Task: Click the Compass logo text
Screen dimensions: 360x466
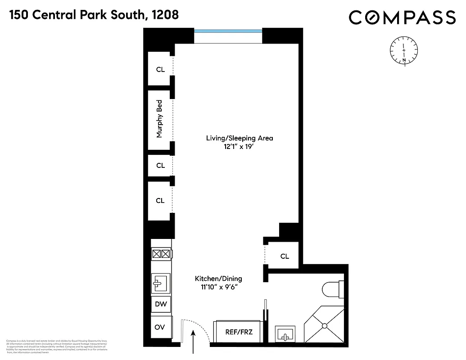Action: (x=402, y=18)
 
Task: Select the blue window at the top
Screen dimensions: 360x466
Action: (x=228, y=31)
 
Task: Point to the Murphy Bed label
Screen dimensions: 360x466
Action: (x=159, y=119)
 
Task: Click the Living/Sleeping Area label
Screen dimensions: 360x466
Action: (x=240, y=138)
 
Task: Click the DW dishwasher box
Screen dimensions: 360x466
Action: (x=161, y=305)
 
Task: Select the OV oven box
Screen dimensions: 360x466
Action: (x=160, y=328)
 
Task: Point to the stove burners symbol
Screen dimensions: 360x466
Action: (x=161, y=255)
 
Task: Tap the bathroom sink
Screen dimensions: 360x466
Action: (x=285, y=335)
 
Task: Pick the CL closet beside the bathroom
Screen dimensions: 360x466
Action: (x=284, y=256)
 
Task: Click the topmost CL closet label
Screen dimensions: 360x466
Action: (x=160, y=70)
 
